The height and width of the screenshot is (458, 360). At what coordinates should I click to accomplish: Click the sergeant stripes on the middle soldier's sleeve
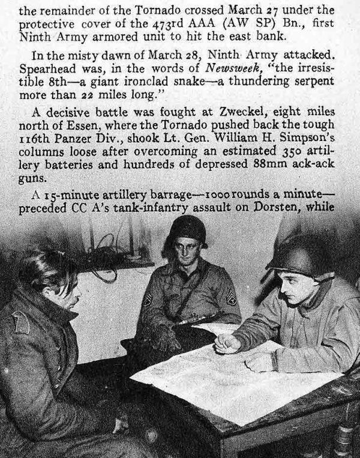[230, 297]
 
